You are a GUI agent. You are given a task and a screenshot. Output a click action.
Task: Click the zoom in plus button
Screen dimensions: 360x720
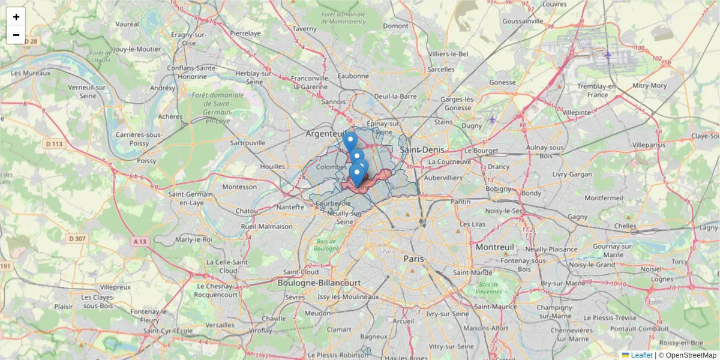[16, 17]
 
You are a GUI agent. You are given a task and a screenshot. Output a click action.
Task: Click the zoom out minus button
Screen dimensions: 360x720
[16, 35]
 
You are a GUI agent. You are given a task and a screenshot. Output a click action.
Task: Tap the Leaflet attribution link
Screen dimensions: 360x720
[641, 355]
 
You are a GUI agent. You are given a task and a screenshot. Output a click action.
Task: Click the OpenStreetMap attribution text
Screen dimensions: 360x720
[691, 355]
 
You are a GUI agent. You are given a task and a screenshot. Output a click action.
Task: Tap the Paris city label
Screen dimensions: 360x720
[413, 259]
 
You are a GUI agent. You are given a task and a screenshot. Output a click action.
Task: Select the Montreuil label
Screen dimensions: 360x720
[495, 247]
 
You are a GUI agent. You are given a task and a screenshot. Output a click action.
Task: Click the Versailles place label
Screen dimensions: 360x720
[220, 325]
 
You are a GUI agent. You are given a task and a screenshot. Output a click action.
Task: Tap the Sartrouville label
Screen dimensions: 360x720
[248, 143]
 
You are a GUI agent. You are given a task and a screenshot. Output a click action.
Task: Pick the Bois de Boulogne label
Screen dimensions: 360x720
[326, 244]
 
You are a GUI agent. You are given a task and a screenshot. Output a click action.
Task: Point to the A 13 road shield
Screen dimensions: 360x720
[139, 241]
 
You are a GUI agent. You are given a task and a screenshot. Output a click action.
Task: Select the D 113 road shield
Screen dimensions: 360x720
[54, 143]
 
